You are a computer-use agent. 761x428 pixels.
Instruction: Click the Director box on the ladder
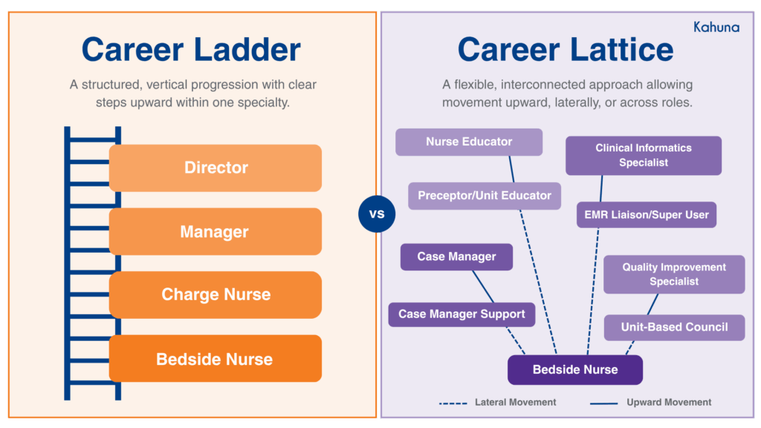[216, 168]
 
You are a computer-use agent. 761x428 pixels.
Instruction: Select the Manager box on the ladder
[216, 232]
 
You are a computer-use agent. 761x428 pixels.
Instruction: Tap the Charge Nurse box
[216, 295]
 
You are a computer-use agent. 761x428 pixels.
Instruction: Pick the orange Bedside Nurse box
[216, 359]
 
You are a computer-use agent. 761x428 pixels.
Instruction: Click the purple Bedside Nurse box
[575, 369]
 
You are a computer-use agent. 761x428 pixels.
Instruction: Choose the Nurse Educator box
[469, 142]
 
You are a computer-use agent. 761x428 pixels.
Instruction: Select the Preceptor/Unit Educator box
[485, 196]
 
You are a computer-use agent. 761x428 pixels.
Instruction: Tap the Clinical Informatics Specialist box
[644, 155]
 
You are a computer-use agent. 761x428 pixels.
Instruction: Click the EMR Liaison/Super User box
[647, 215]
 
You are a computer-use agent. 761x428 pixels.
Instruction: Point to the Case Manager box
[456, 257]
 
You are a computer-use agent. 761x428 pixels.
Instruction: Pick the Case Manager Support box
[462, 314]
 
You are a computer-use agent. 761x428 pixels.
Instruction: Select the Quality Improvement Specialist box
[674, 274]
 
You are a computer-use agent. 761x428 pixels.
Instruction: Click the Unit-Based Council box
[674, 327]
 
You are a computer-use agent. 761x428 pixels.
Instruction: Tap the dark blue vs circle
[377, 215]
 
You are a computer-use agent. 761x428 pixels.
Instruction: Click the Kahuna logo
[716, 27]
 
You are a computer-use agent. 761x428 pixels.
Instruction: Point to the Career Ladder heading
[191, 50]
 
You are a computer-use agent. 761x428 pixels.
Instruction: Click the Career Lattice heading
[566, 50]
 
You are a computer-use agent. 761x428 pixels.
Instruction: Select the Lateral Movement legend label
[515, 403]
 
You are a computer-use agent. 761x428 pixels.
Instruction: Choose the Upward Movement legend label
[669, 403]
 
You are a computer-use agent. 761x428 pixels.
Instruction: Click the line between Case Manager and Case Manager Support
[484, 286]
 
